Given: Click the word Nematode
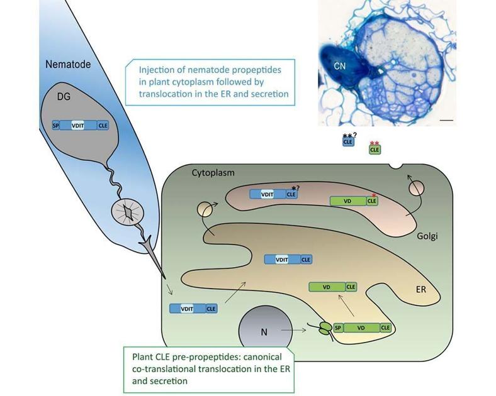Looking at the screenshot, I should [x=68, y=65].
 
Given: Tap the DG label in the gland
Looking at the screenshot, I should [x=64, y=97].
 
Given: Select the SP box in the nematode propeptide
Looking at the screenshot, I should [x=55, y=125].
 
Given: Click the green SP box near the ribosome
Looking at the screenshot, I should [x=338, y=327].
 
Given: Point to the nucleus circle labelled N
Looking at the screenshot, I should [x=263, y=331].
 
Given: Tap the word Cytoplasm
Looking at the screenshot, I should [x=213, y=172].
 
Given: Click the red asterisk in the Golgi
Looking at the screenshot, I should [x=373, y=195].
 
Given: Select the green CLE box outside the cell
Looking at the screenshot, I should [x=375, y=150].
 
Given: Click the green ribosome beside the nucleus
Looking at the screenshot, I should [x=324, y=327].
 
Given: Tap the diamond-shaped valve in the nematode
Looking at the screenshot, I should [x=128, y=214].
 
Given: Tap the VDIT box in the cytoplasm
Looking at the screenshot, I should [x=186, y=309].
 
